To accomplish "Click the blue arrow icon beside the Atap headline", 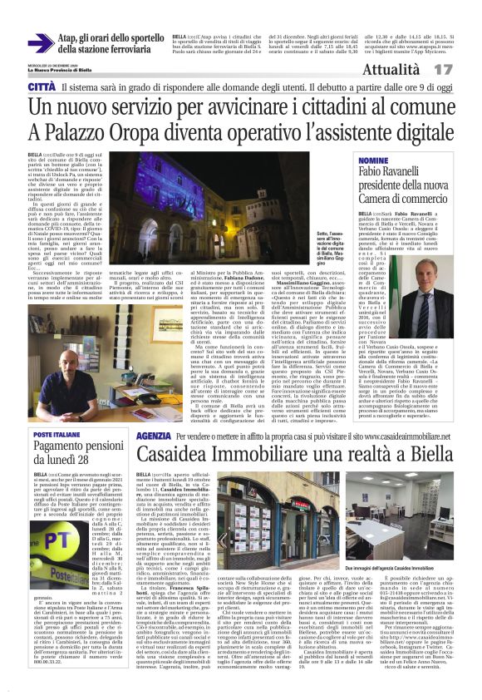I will pyautogui.click(x=39, y=43).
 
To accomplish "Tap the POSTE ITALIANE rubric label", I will pyautogui.click(x=57, y=435).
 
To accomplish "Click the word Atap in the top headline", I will pyautogui.click(x=71, y=37).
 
